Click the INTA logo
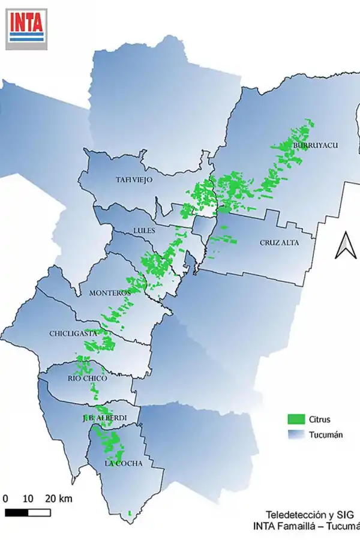26,27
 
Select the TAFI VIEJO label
134,179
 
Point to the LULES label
145,230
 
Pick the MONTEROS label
110,293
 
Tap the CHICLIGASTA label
73,334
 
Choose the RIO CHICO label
87,379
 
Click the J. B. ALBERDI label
104,418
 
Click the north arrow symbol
345,246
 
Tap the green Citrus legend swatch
296,419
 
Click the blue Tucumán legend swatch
296,435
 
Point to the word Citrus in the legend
320,419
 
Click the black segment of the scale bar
17,512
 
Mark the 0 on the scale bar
5,499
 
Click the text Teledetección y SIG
310,515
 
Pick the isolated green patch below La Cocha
130,513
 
